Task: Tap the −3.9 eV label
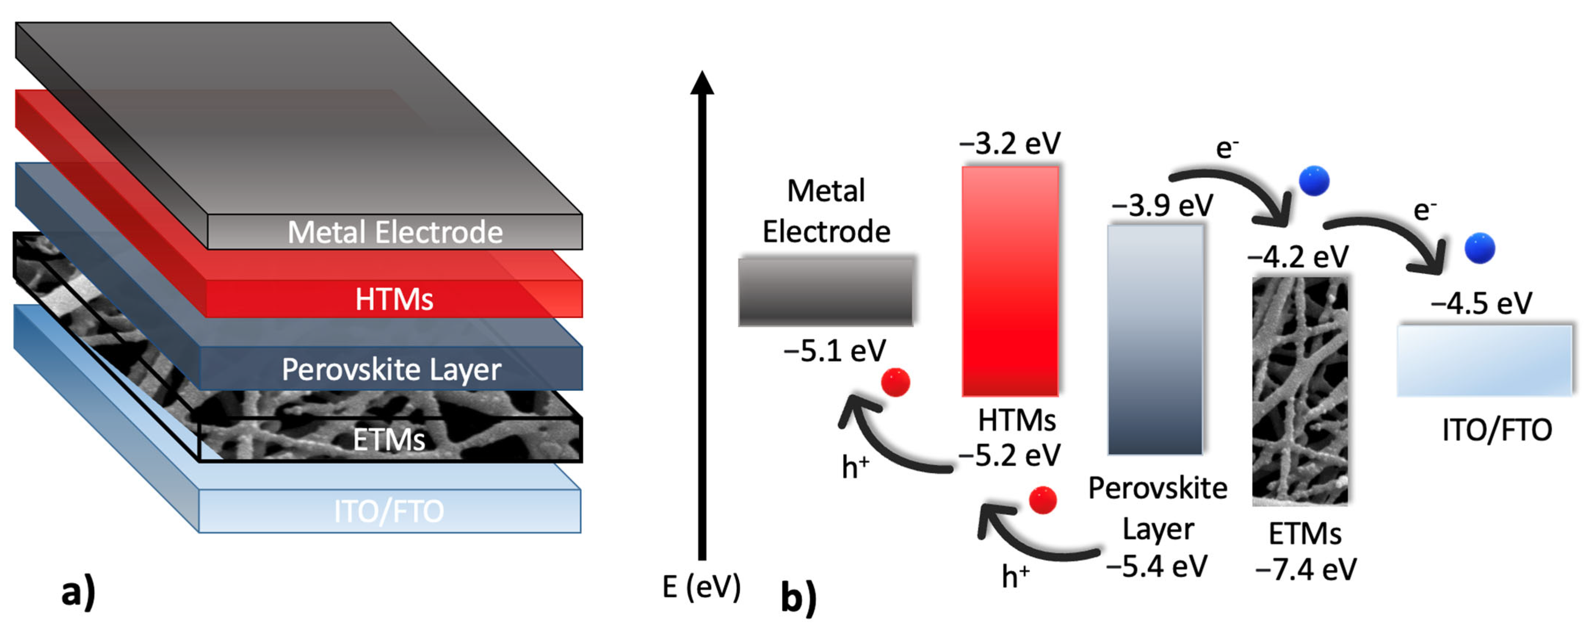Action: point(1162,205)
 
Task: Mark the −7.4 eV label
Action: point(1306,569)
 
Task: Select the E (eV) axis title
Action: point(701,586)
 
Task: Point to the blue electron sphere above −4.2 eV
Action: point(1314,181)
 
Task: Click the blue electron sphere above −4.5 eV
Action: point(1480,248)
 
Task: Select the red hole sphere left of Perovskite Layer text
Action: point(1043,500)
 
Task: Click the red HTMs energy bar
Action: point(1010,281)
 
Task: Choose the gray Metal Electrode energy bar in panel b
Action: point(826,292)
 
